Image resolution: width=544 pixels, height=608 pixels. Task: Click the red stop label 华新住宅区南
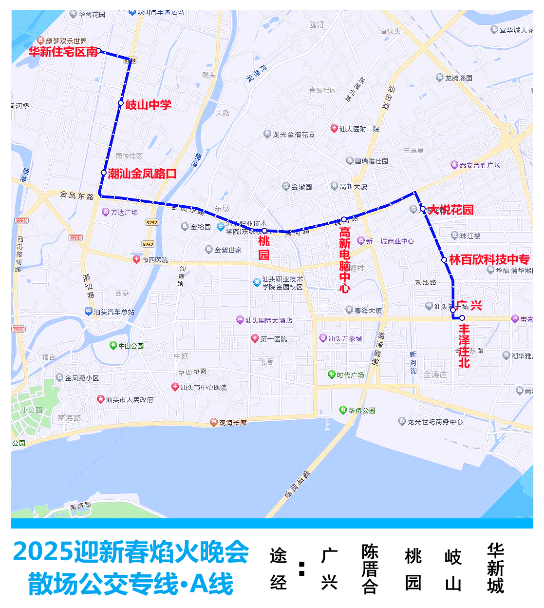click(x=63, y=52)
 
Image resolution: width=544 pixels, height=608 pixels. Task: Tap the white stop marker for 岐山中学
click(x=121, y=103)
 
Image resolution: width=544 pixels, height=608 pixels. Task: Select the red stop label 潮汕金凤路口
click(x=142, y=174)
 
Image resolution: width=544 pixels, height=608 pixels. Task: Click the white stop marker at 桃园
click(x=264, y=231)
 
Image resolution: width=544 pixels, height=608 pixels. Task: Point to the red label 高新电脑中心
click(x=345, y=260)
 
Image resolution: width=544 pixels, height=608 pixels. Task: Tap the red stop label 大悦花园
click(x=450, y=210)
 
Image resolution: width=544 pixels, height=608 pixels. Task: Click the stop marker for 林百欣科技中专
click(x=444, y=260)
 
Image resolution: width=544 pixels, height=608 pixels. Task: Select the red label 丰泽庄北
click(x=464, y=346)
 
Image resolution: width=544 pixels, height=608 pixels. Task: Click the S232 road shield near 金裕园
click(x=151, y=222)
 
